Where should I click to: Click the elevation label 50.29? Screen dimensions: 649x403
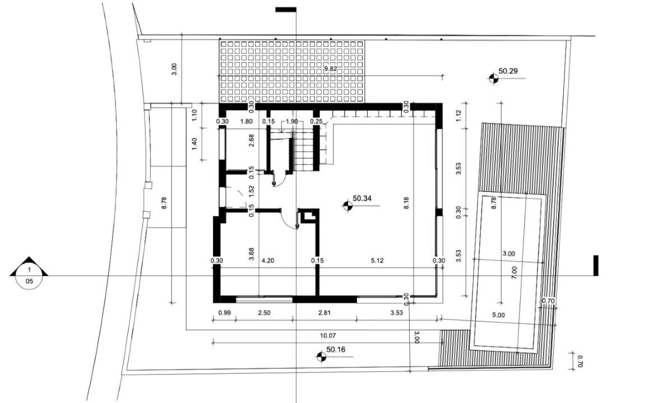[x=508, y=71]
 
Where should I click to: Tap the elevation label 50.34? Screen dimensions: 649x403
[x=362, y=198]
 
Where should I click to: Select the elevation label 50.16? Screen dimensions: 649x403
[x=336, y=350]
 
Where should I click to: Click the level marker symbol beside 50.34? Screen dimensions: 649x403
[x=347, y=205]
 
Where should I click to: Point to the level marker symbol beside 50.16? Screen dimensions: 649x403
[x=321, y=357]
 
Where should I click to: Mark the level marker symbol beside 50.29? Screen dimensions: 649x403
[x=493, y=78]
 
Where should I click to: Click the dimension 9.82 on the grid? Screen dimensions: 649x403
[x=330, y=69]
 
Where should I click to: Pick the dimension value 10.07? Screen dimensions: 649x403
[x=327, y=336]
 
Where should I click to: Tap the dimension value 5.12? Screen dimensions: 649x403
[x=377, y=261]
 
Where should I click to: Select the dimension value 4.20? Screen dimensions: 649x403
[x=268, y=261]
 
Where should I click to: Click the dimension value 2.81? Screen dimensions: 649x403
[x=324, y=313]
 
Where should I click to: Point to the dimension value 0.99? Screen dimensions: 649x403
[x=224, y=313]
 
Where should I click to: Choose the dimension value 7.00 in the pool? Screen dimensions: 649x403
[x=514, y=273]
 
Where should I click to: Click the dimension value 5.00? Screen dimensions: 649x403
[x=498, y=315]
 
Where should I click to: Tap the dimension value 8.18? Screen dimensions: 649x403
[x=406, y=203]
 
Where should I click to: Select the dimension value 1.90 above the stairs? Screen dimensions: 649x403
[x=292, y=121]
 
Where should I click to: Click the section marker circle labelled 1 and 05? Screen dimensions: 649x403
[x=29, y=276]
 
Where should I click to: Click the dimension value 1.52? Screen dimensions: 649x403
[x=251, y=191]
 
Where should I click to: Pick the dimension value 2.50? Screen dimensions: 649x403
[x=264, y=313]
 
